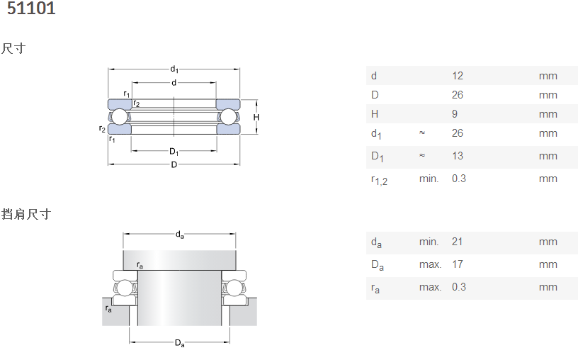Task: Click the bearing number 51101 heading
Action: (x=31, y=8)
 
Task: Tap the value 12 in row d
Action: (x=458, y=76)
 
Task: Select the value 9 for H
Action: (x=455, y=114)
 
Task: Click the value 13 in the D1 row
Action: (x=458, y=156)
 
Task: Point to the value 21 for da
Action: (x=457, y=242)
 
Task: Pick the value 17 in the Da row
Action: (x=458, y=264)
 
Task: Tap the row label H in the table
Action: (x=375, y=114)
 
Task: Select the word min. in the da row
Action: (x=429, y=242)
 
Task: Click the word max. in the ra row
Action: (x=430, y=287)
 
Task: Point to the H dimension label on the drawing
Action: (x=256, y=118)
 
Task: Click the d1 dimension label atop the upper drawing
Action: (x=174, y=69)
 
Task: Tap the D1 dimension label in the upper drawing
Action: (x=174, y=152)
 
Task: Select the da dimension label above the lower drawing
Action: (x=179, y=235)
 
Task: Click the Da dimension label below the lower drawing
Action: (x=179, y=343)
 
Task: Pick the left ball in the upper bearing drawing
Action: (x=119, y=116)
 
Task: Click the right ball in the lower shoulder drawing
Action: (x=234, y=288)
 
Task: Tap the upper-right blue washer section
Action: (x=228, y=104)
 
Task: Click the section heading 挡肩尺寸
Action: (x=25, y=214)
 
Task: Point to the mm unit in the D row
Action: (x=548, y=95)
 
